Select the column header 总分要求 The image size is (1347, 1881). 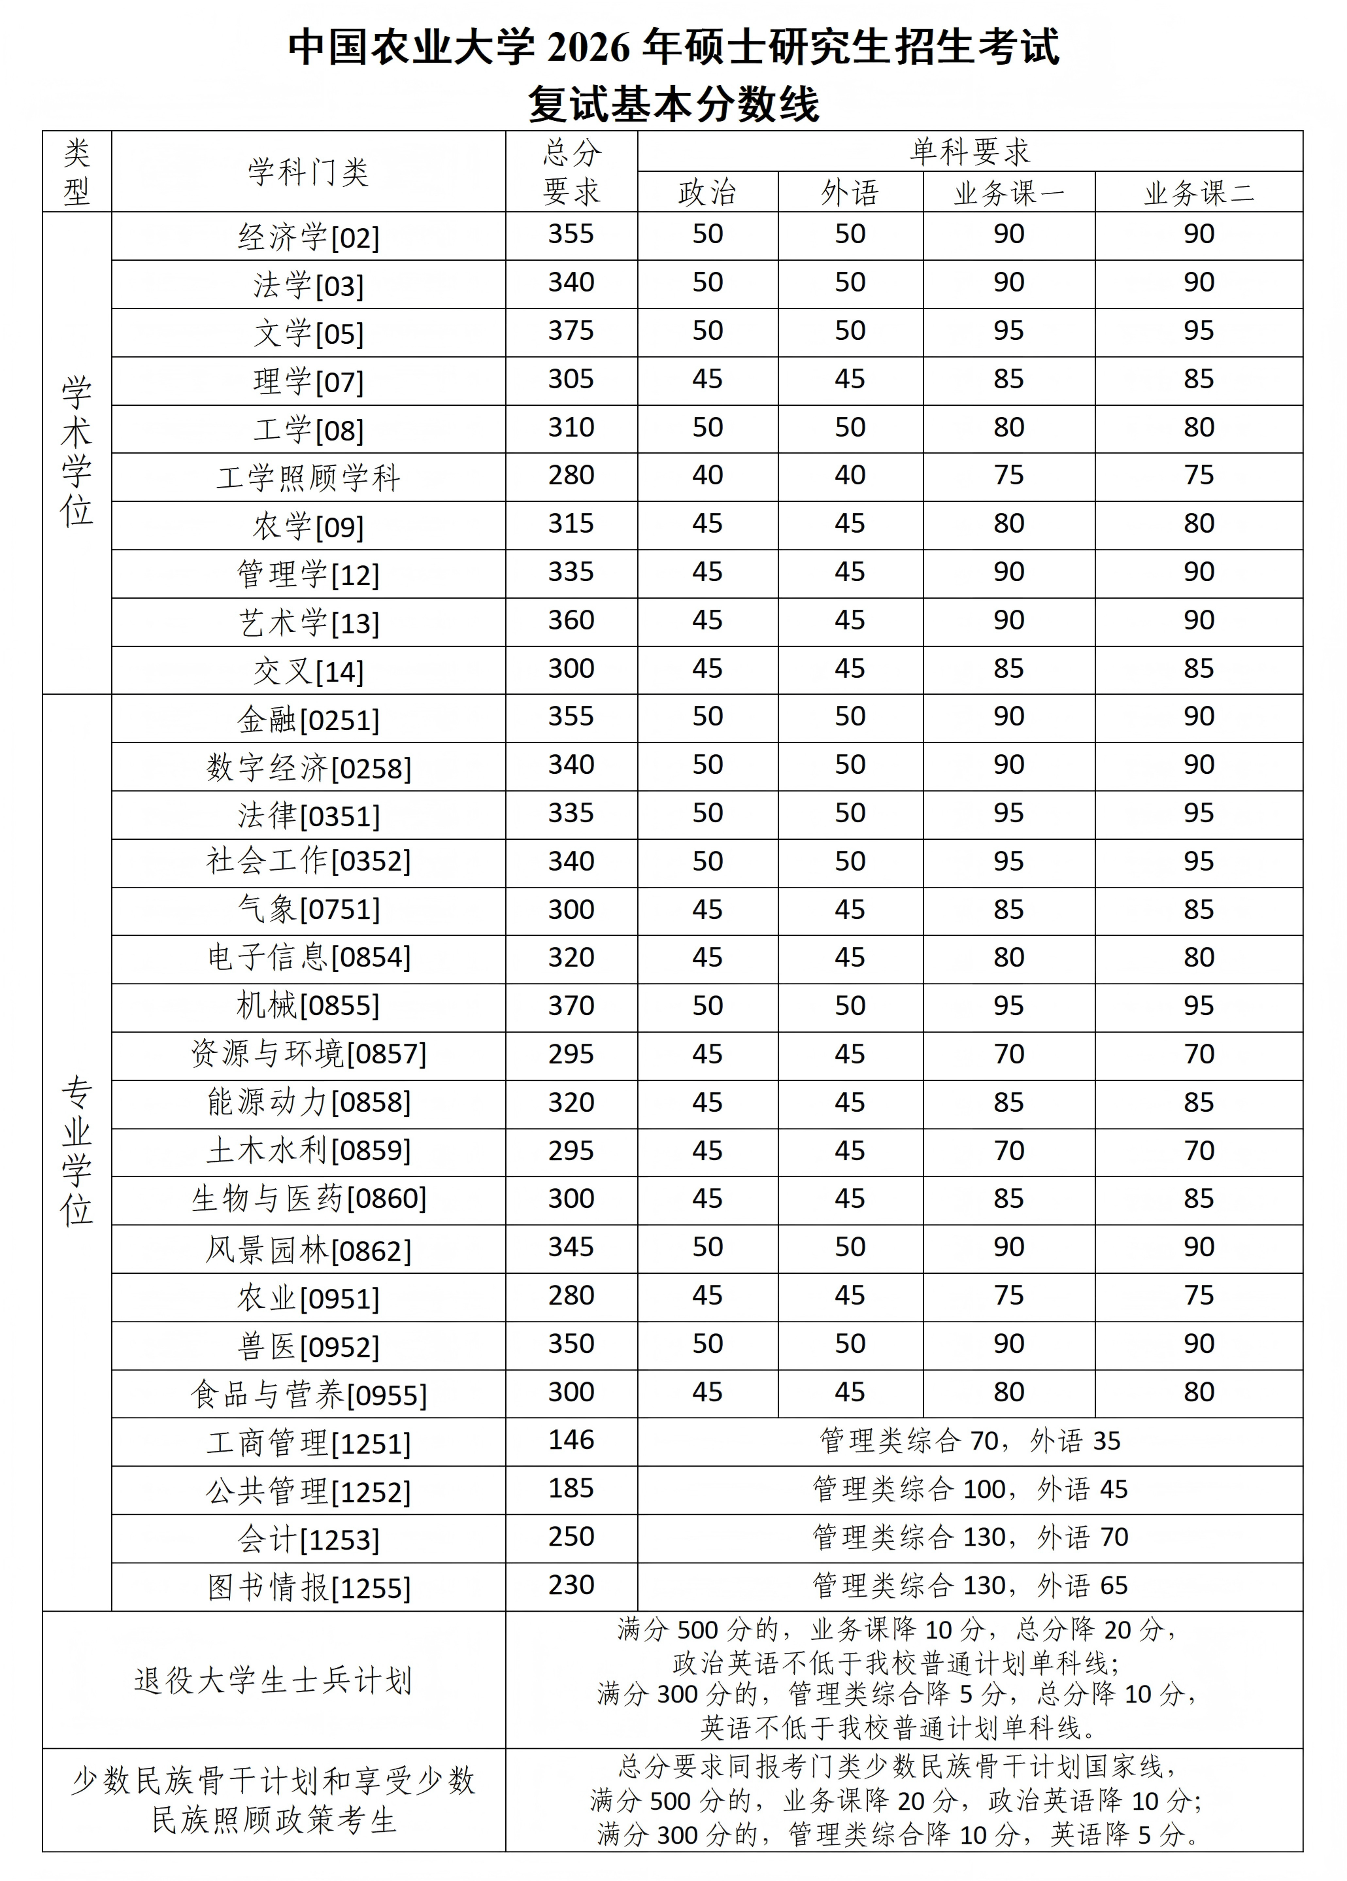[x=571, y=172]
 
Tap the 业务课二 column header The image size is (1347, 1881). [x=1199, y=193]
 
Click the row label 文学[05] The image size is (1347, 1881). [x=308, y=333]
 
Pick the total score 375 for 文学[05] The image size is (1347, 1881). [x=571, y=331]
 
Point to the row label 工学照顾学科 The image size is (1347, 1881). [x=308, y=478]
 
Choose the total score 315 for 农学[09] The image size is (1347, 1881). [x=571, y=524]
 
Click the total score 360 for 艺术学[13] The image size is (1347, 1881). [x=571, y=620]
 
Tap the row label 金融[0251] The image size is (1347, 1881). [x=308, y=719]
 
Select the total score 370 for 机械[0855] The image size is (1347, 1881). [x=571, y=1006]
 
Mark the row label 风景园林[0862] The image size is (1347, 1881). [x=308, y=1250]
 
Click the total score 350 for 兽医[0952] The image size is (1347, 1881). [x=571, y=1344]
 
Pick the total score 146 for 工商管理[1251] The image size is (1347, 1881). [x=571, y=1440]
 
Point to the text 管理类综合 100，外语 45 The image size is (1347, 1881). [x=970, y=1489]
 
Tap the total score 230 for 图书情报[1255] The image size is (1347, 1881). [x=571, y=1585]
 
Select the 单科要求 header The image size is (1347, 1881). [x=970, y=152]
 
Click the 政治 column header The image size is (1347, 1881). [x=708, y=193]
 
